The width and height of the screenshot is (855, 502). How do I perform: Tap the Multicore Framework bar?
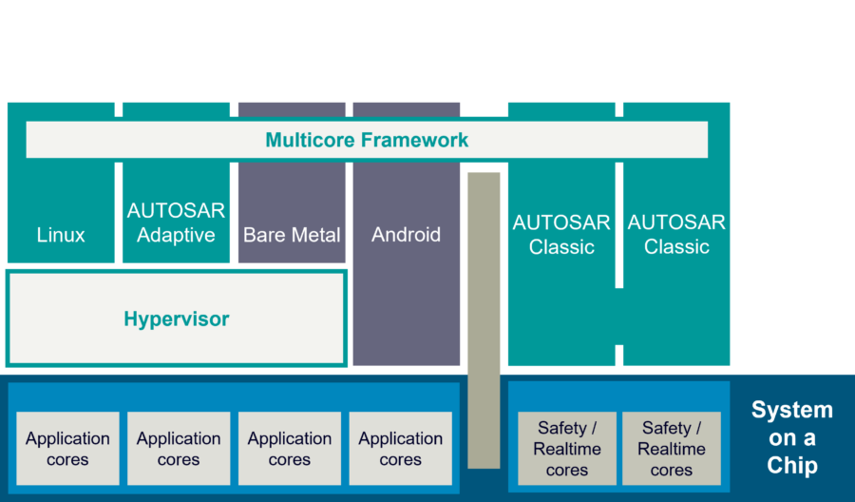[x=367, y=140]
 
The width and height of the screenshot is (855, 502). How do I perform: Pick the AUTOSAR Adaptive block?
[x=176, y=222]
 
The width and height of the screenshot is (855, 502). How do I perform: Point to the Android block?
[x=407, y=266]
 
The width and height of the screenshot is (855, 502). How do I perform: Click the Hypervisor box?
[x=177, y=319]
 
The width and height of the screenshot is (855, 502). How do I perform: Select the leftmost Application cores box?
[x=67, y=449]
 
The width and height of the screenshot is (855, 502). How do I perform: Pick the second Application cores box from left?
[x=179, y=449]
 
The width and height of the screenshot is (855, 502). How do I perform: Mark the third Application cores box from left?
[x=290, y=449]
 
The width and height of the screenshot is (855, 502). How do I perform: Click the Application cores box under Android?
[x=401, y=449]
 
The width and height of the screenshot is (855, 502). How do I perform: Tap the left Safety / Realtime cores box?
[x=567, y=449]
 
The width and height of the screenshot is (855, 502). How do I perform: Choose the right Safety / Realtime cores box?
[x=672, y=449]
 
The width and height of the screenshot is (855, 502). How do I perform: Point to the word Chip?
[x=791, y=466]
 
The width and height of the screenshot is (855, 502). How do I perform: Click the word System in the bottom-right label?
[x=791, y=411]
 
